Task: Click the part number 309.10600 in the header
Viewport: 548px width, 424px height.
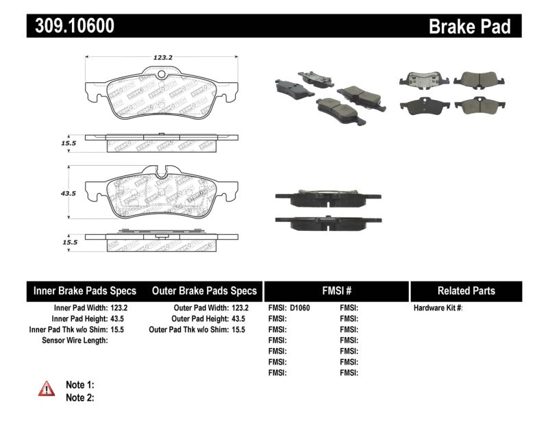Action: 71,26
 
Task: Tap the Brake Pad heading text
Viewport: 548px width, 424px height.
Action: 469,26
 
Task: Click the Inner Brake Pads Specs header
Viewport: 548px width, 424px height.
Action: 85,290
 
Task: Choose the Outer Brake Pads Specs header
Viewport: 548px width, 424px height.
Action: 204,290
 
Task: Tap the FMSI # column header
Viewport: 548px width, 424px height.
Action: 336,290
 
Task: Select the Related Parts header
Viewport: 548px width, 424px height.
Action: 466,290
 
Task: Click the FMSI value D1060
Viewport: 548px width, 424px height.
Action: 300,308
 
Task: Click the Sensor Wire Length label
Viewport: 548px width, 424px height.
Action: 75,340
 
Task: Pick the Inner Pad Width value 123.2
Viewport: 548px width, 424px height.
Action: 119,308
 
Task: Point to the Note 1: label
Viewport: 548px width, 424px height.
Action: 79,385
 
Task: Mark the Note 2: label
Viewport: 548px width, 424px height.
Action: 79,397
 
